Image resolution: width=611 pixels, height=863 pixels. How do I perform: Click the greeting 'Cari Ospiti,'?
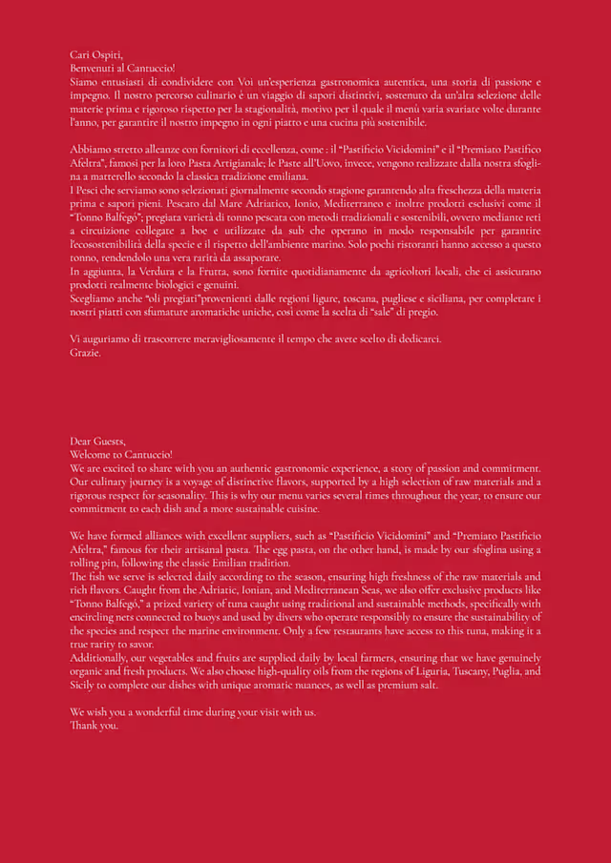[94, 54]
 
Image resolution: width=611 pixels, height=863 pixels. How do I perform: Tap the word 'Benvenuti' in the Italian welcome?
[93, 69]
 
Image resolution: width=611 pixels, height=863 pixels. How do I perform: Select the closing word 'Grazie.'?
[85, 352]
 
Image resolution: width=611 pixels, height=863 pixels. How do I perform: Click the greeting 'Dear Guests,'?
[97, 441]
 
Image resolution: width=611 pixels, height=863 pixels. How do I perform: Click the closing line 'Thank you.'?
[95, 725]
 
